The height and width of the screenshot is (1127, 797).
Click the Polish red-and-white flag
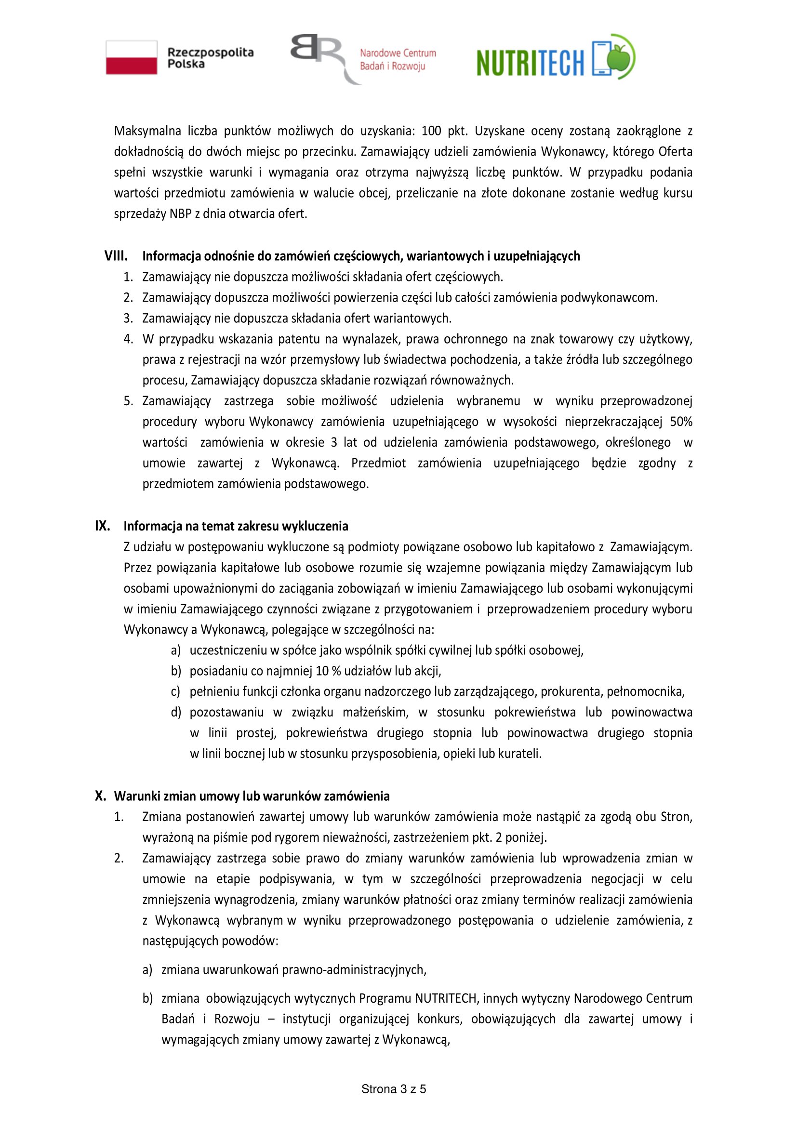click(x=132, y=57)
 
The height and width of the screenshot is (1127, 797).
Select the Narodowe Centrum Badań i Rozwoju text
click(x=398, y=59)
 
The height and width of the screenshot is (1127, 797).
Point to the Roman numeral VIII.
click(x=116, y=256)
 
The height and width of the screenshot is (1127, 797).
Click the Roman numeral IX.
click(x=102, y=526)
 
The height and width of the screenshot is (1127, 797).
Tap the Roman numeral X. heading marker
click(x=101, y=796)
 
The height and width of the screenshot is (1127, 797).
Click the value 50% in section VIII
click(x=681, y=422)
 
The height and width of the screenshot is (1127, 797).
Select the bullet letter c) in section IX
click(x=176, y=691)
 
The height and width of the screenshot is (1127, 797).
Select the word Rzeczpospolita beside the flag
click(x=211, y=53)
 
